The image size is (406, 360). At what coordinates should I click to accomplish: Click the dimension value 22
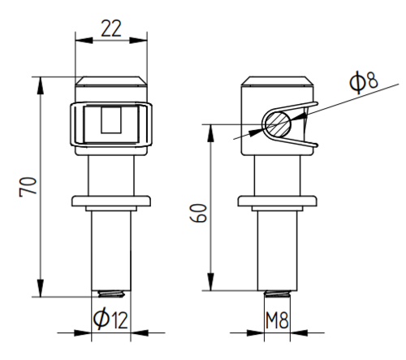click(x=111, y=28)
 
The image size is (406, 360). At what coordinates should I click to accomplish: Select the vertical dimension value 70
click(x=28, y=187)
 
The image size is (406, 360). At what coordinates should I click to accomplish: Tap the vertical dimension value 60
click(x=198, y=213)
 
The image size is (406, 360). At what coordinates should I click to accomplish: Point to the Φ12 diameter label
click(x=110, y=319)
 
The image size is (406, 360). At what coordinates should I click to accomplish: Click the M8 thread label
click(x=277, y=320)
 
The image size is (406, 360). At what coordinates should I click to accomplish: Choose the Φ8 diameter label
click(x=363, y=81)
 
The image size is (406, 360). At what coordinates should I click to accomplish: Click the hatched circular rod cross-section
click(x=278, y=124)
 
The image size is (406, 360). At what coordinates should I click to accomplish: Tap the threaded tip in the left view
click(x=111, y=294)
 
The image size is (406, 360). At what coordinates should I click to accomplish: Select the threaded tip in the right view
click(x=277, y=293)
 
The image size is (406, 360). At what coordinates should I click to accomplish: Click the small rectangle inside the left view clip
click(x=111, y=119)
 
